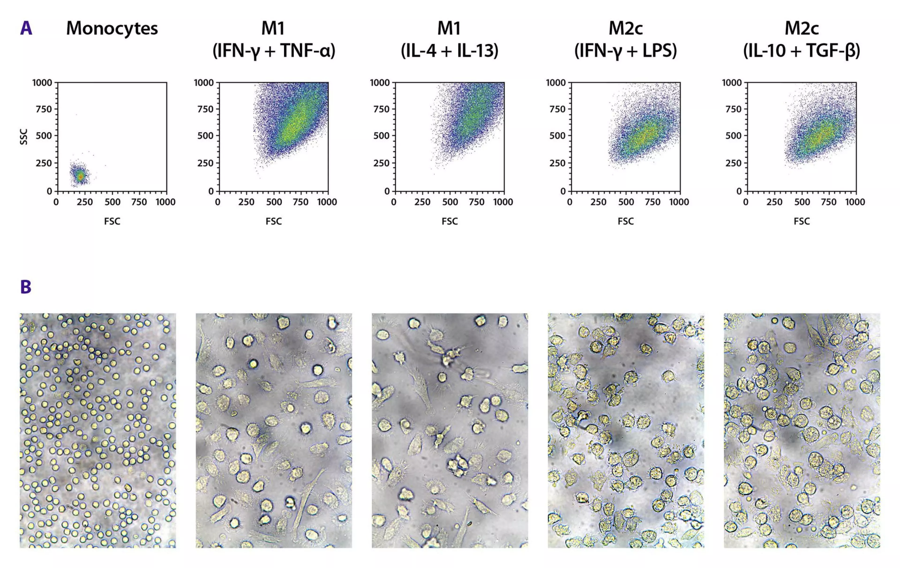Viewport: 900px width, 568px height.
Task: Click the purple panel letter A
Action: [26, 28]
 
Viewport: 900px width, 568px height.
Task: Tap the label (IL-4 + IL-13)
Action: [450, 50]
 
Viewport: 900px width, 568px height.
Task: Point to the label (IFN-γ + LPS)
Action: [626, 50]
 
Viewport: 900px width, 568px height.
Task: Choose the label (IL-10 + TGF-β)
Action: [802, 50]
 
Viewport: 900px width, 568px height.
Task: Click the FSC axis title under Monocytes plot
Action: [112, 221]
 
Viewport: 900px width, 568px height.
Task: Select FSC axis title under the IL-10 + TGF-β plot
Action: [802, 221]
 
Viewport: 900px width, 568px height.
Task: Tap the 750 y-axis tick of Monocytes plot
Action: [44, 109]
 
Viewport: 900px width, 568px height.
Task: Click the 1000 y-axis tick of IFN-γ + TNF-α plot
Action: [204, 83]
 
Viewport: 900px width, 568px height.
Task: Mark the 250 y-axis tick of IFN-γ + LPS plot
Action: [558, 163]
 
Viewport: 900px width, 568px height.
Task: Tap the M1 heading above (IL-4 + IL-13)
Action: [449, 28]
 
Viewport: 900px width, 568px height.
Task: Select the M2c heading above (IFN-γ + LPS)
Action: [626, 28]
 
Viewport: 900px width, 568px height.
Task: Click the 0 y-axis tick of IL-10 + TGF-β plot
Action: [739, 191]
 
